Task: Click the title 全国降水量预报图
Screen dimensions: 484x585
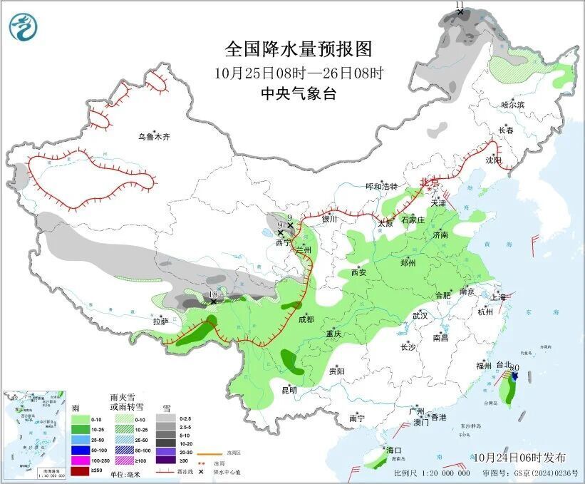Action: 299,49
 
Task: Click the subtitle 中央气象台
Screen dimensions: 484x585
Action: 299,93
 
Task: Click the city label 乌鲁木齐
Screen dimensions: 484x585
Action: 155,138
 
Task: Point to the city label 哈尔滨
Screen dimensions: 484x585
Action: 512,105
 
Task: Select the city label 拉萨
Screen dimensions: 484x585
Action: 160,321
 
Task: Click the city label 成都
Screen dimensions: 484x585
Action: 306,319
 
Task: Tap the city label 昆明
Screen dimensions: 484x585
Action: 289,390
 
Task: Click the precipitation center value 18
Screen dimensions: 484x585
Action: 213,294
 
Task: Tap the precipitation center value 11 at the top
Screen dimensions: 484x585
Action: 460,5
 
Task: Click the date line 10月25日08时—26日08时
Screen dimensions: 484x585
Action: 299,72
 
